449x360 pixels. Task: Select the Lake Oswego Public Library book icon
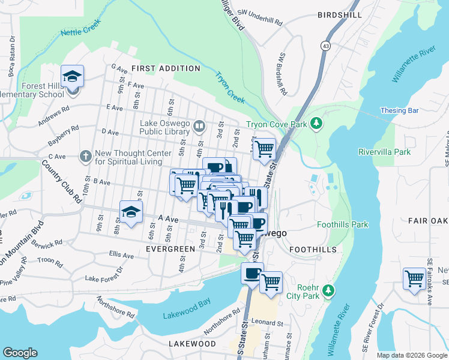[199, 126]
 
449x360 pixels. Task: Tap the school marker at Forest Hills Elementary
[73, 78]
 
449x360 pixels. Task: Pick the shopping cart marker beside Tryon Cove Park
[265, 148]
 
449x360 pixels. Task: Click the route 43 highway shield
[325, 46]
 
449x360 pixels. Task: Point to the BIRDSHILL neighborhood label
[340, 14]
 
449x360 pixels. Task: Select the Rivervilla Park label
[384, 152]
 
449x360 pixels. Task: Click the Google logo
[20, 353]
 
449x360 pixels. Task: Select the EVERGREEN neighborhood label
[170, 248]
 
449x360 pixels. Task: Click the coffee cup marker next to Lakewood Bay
[252, 273]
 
